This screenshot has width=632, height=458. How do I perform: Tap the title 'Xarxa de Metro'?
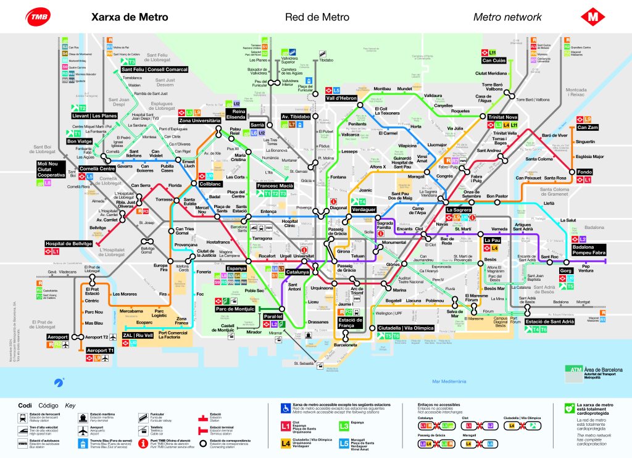pos(130,17)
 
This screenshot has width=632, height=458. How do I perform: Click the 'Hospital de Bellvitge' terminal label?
pos(68,244)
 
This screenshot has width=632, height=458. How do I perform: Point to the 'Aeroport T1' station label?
pos(101,350)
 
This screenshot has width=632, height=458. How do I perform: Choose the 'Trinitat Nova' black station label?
pos(505,117)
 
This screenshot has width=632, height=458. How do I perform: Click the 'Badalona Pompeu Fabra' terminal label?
pos(591,249)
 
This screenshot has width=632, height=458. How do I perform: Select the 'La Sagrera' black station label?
pos(459,210)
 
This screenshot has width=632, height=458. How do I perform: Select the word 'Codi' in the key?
pos(25,406)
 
